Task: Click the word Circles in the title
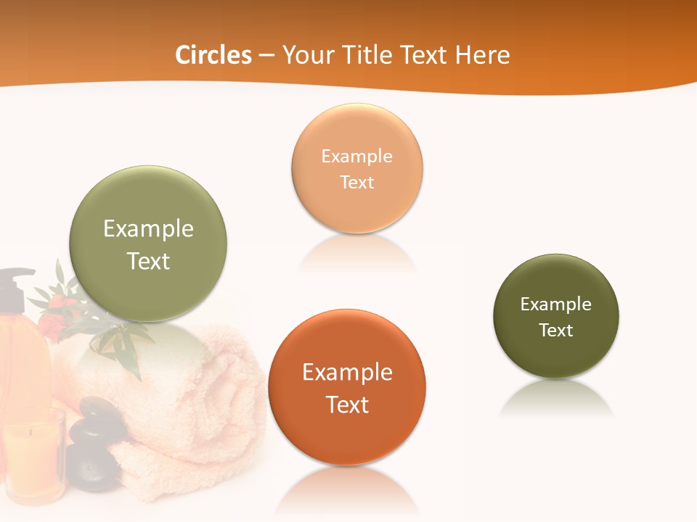(213, 55)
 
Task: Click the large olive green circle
(148, 244)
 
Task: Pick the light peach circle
(356, 168)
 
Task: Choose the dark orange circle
(347, 387)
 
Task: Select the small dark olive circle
(556, 316)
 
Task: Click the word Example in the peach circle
(356, 156)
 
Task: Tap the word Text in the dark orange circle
(347, 405)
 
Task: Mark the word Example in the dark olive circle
(556, 304)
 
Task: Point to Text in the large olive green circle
(148, 261)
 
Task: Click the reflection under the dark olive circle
(556, 399)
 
